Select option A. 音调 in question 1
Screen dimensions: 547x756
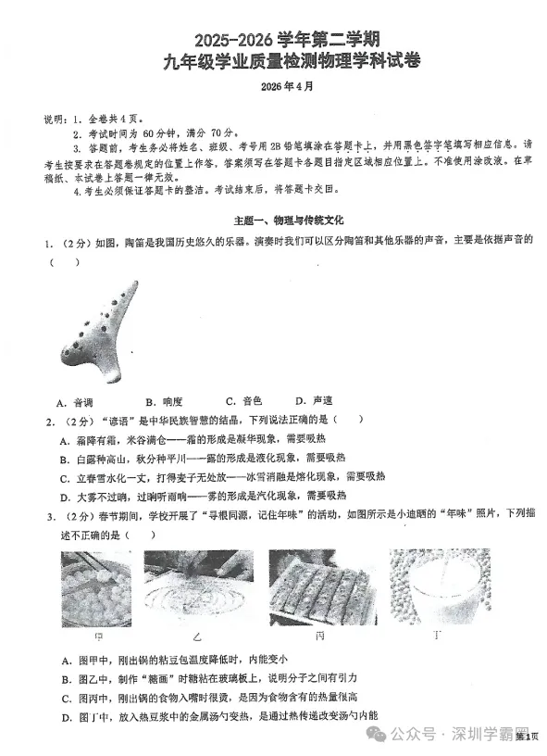[x=74, y=402]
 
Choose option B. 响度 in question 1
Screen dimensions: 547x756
[x=164, y=402]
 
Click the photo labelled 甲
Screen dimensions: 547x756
[x=98, y=589]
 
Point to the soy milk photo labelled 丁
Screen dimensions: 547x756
[x=438, y=589]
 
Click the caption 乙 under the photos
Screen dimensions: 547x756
[x=195, y=639]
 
